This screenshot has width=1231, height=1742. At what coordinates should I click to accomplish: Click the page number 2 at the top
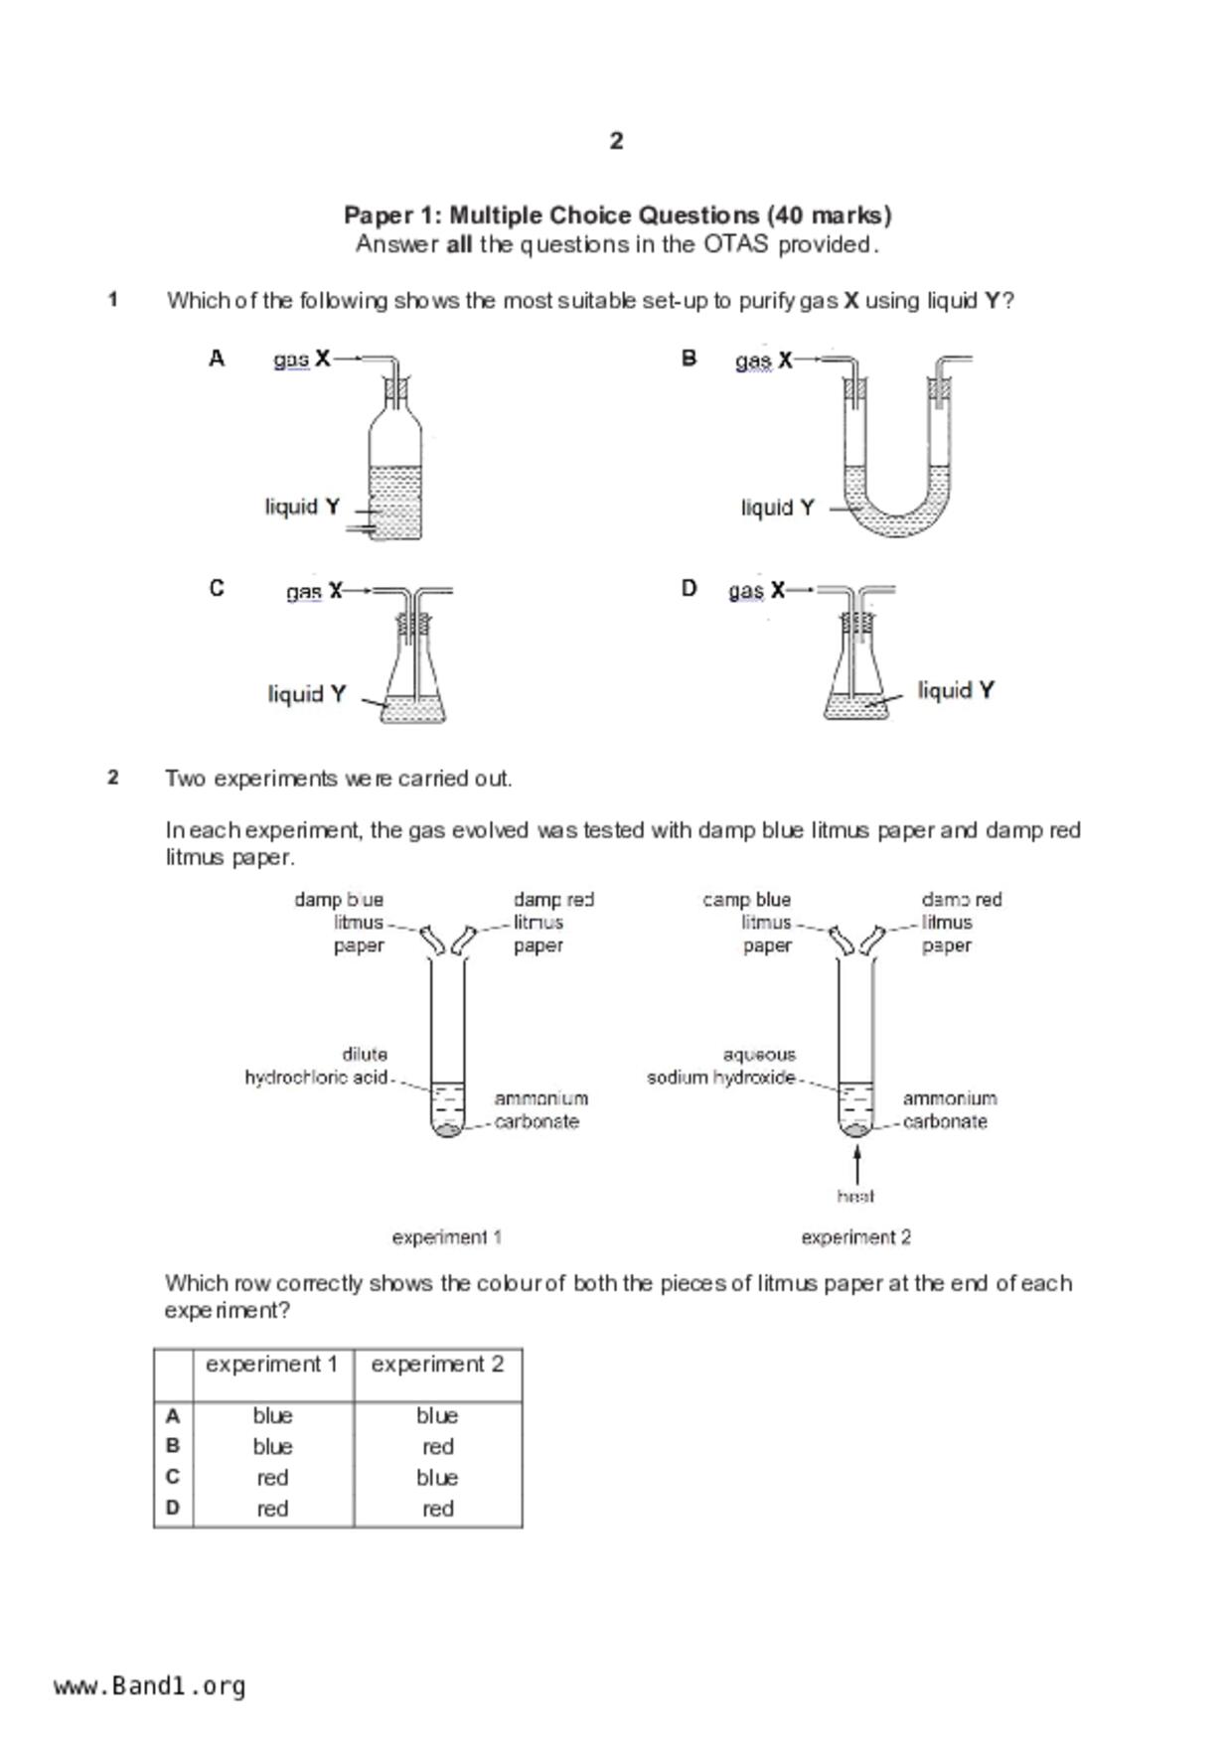[x=616, y=141]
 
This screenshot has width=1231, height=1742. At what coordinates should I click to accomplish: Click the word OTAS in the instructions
[x=735, y=244]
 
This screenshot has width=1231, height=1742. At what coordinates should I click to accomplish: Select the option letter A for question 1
[x=217, y=359]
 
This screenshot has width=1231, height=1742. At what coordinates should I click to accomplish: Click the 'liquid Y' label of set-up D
[x=955, y=690]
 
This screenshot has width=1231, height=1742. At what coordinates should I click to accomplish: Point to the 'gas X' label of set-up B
[x=763, y=361]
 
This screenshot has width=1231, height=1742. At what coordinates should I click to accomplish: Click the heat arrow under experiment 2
[x=856, y=1163]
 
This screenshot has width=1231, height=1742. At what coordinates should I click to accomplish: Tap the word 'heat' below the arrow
[x=855, y=1196]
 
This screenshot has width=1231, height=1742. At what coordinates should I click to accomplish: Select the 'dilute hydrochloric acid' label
[x=318, y=1066]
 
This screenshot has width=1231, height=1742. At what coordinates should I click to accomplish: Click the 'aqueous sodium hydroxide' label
[x=721, y=1066]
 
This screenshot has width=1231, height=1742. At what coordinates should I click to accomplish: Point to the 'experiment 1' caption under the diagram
[x=446, y=1237]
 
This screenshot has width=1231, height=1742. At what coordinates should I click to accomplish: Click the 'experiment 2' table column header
[x=437, y=1365]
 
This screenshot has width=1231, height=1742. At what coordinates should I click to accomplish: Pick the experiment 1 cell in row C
[x=272, y=1478]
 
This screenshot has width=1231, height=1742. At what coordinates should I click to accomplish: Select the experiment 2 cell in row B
[x=437, y=1447]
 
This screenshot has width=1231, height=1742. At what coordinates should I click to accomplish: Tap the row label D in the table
[x=173, y=1509]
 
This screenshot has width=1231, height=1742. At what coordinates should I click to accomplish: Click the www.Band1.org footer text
[x=150, y=1686]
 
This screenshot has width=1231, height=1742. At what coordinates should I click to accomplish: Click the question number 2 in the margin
[x=113, y=778]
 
